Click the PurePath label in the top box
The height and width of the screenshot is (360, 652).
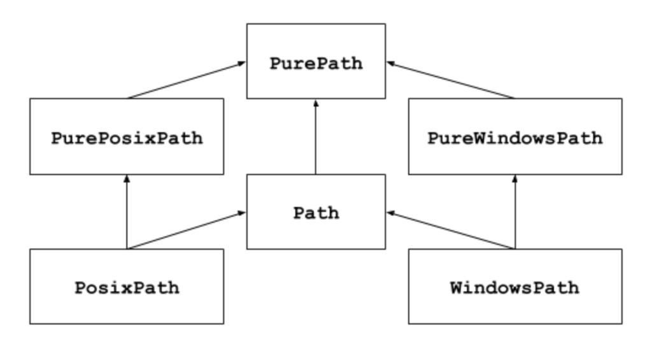pyautogui.click(x=316, y=64)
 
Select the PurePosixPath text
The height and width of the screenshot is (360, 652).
pyautogui.click(x=127, y=138)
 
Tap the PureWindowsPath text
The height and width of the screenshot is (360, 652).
pyautogui.click(x=514, y=138)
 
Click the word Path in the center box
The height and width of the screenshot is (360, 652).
pyautogui.click(x=316, y=213)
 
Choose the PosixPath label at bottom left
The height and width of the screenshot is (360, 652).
pyautogui.click(x=127, y=288)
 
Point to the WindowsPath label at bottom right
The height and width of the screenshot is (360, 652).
pyautogui.click(x=514, y=288)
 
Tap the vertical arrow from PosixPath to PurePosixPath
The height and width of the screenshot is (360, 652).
pyautogui.click(x=127, y=213)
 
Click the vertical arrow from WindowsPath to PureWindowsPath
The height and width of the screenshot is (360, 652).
pyautogui.click(x=514, y=213)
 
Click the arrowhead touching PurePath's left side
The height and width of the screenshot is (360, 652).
pyautogui.click(x=242, y=62)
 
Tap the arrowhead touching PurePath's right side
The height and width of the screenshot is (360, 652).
pyautogui.click(x=390, y=62)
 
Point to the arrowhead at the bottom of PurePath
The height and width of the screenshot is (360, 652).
pyautogui.click(x=316, y=103)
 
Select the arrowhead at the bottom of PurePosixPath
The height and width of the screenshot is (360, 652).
pyautogui.click(x=127, y=178)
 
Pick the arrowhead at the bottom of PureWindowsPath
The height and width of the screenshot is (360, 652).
pyautogui.click(x=514, y=178)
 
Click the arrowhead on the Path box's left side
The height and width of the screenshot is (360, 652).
pyautogui.click(x=242, y=213)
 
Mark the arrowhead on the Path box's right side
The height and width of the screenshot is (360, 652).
pyautogui.click(x=390, y=213)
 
